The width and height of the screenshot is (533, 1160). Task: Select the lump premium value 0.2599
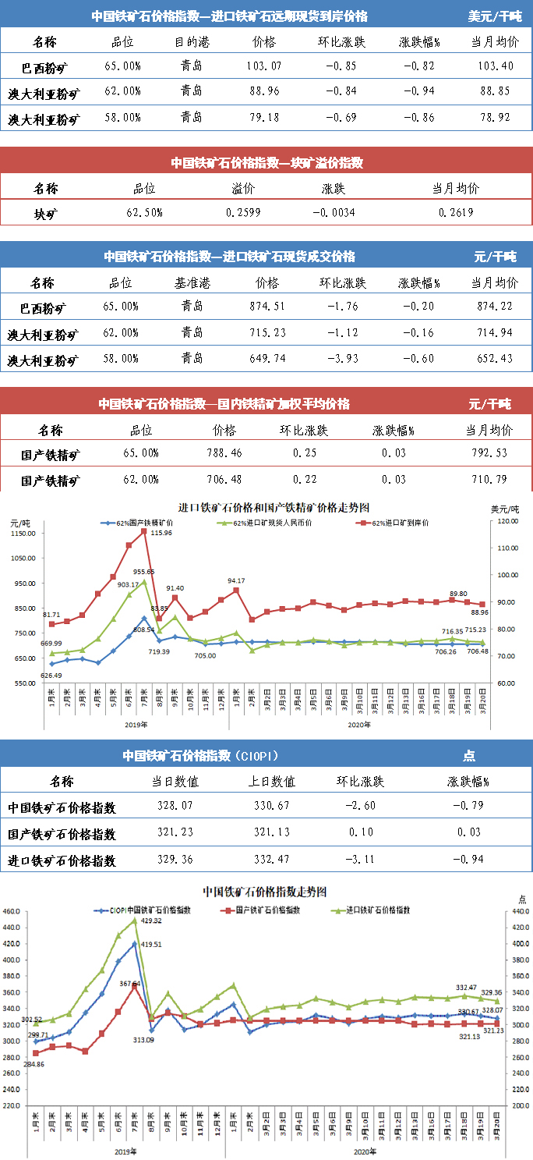point(243,212)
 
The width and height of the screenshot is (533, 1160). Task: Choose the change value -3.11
point(362,860)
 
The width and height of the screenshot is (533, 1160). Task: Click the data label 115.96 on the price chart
point(162,533)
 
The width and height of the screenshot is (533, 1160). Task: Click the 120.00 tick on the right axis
point(509,521)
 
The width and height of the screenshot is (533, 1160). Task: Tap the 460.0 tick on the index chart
point(12,911)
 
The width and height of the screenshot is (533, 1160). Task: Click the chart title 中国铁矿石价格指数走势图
point(264,890)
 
